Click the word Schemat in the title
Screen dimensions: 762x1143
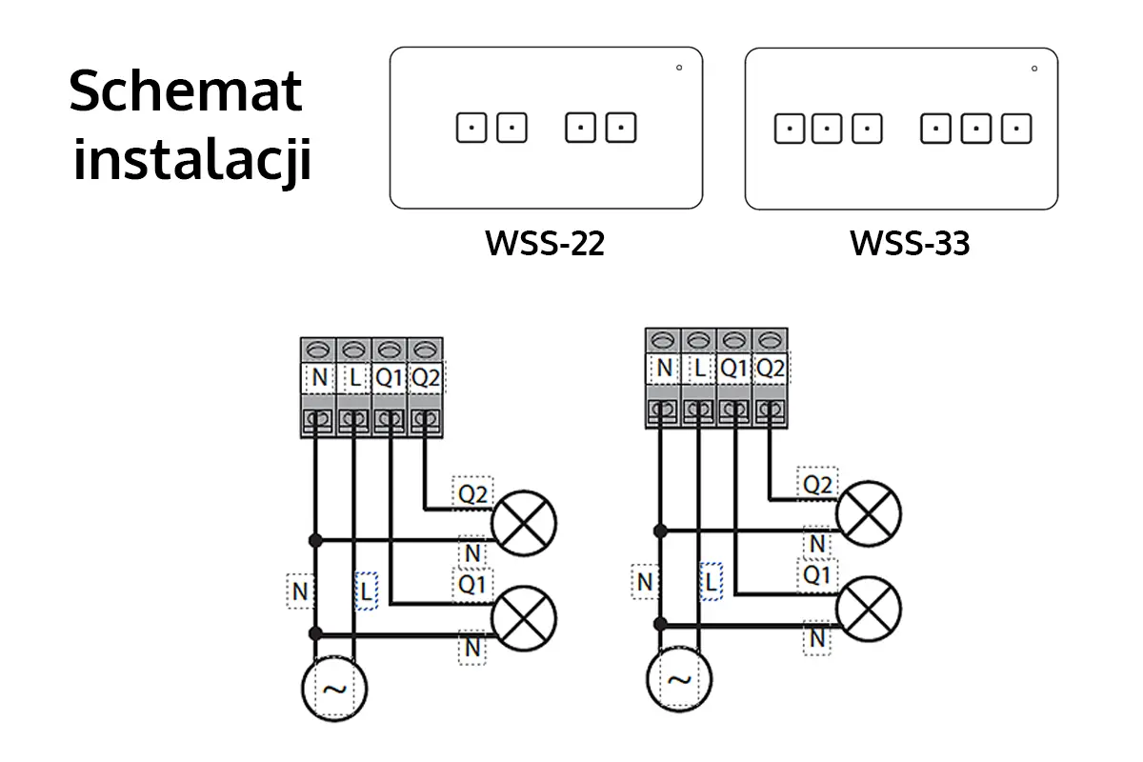coord(186,92)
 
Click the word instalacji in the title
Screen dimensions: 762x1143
coord(192,160)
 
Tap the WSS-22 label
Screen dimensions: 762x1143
coord(545,244)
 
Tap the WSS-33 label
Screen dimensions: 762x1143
coord(910,244)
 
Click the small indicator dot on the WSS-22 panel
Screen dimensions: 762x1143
coord(679,68)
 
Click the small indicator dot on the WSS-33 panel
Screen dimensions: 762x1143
coord(1033,68)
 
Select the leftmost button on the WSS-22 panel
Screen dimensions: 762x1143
coord(471,128)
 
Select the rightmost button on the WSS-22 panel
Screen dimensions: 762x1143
coord(621,128)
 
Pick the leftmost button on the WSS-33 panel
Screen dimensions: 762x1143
coord(789,128)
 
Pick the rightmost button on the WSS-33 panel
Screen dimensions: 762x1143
coord(1016,128)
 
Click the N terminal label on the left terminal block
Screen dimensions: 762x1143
coord(319,378)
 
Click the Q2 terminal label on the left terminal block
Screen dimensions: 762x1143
coord(426,378)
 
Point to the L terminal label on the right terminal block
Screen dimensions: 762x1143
coord(699,368)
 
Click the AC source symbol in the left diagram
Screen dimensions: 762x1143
coord(334,689)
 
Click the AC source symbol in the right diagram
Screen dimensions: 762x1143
coord(678,680)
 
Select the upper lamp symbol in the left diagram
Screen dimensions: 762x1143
coord(523,521)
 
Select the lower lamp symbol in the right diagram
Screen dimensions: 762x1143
coord(868,607)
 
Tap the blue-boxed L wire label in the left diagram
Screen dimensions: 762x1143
coord(366,592)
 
